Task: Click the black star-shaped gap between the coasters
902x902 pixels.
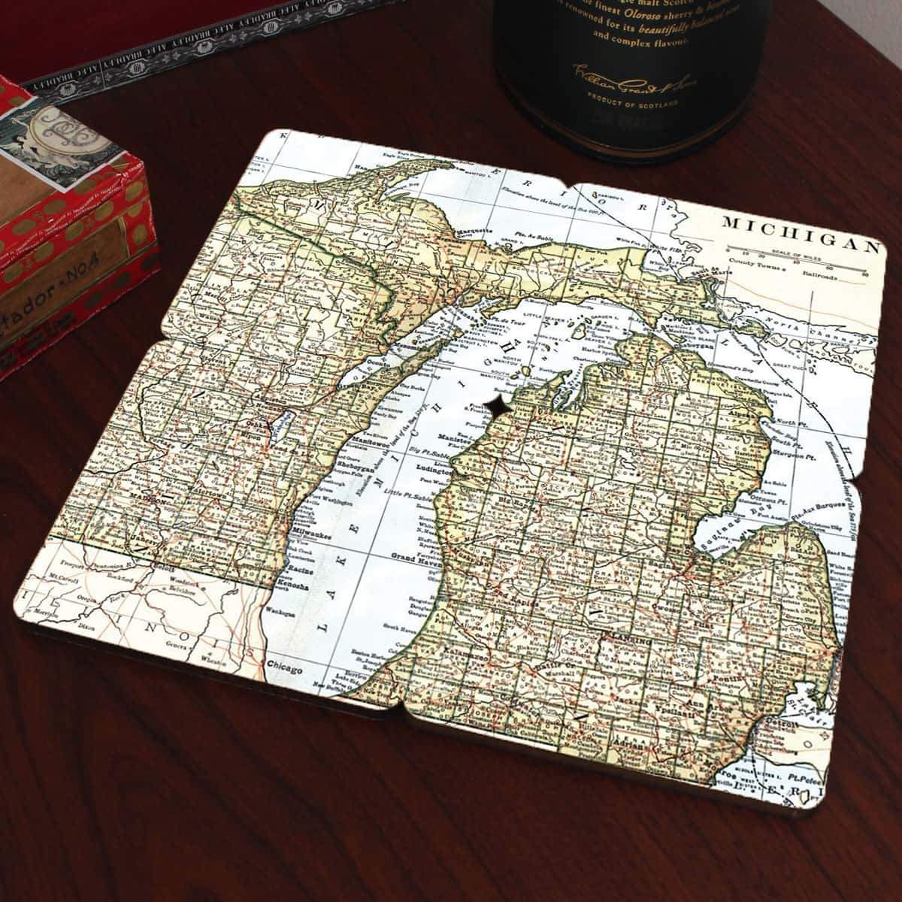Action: click(497, 405)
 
